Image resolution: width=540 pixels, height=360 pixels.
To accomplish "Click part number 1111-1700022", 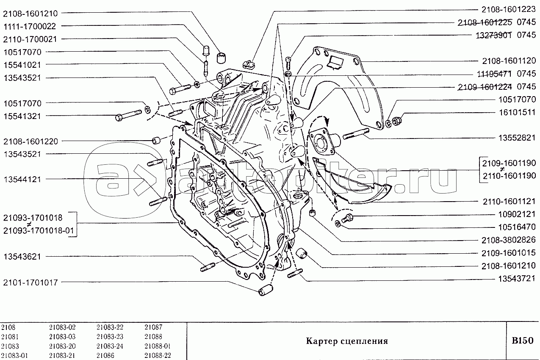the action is click(x=30, y=26).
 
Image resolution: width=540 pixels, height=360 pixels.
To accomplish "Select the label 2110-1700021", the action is click(x=30, y=39).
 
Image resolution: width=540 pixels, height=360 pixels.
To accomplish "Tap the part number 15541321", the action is click(x=22, y=116).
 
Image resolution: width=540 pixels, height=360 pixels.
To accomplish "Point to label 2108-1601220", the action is click(x=30, y=141).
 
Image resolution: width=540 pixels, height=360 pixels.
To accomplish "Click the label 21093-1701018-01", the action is click(x=39, y=231).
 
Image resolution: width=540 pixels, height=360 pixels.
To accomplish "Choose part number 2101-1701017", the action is click(x=30, y=282).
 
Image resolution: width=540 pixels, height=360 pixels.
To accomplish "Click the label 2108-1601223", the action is click(x=509, y=9).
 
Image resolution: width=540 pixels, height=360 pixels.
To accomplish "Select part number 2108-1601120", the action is click(x=509, y=61).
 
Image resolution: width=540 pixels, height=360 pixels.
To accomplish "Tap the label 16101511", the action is click(x=517, y=112).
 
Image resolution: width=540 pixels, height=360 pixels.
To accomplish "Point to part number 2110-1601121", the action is click(x=509, y=201).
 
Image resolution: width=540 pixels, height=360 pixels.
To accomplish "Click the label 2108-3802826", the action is click(x=509, y=240).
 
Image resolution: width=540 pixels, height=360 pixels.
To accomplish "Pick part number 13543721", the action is click(x=517, y=279).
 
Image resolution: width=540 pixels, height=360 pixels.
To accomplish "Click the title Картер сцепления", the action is click(x=347, y=341).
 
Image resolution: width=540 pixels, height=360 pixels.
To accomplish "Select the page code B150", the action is click(x=523, y=341).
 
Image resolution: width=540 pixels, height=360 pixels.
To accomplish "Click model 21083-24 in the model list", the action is click(x=110, y=346).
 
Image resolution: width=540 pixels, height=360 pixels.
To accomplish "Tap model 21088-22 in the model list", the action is click(x=158, y=356).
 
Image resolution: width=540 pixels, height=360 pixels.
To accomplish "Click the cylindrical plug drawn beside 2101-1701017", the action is click(x=265, y=290).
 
